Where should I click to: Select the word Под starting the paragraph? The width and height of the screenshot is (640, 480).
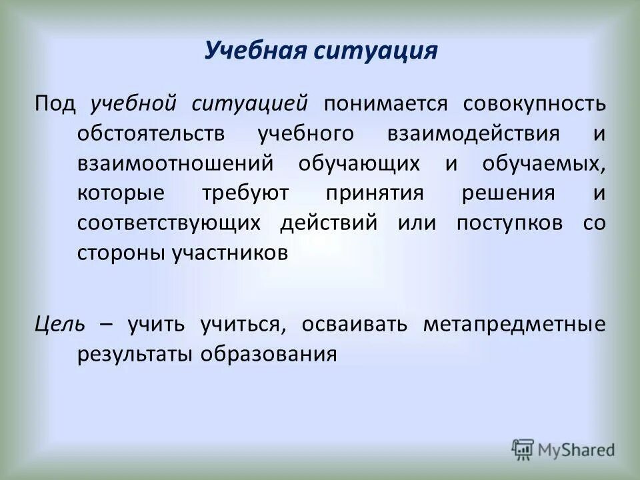(56, 104)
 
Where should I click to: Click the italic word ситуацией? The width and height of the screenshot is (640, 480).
(250, 104)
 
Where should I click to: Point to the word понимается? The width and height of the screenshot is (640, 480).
(377, 104)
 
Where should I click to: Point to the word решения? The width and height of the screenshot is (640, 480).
(517, 193)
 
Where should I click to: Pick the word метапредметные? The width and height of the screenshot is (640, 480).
(515, 324)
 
